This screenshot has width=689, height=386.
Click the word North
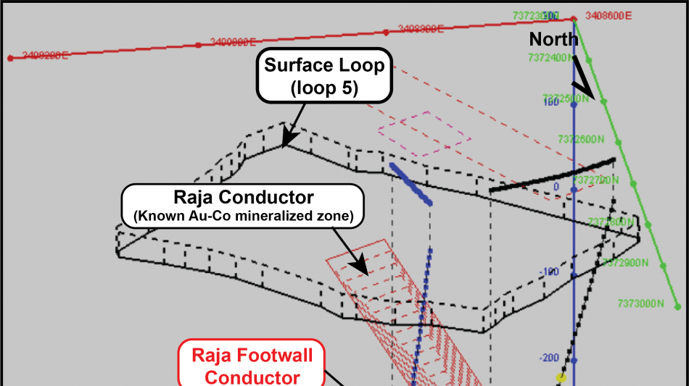coord(553,39)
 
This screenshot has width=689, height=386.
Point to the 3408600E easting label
coord(608,14)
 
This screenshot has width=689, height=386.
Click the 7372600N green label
coord(582,138)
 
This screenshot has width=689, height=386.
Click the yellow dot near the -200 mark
coord(561,377)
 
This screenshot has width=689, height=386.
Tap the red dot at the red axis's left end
coord(9,58)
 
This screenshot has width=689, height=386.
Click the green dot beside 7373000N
coord(678,307)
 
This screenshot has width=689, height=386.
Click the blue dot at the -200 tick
coord(574,360)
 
